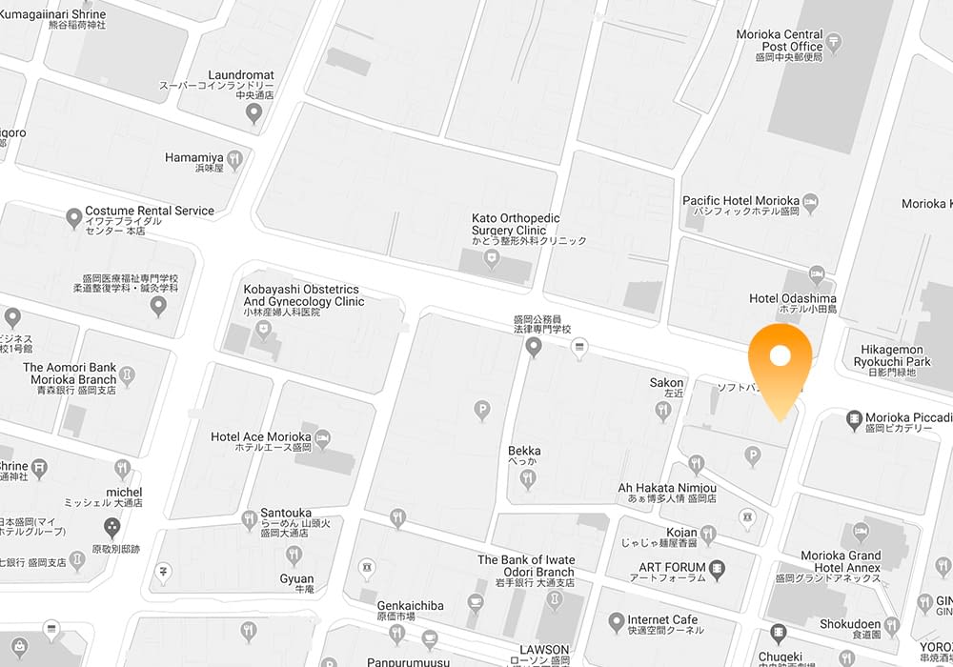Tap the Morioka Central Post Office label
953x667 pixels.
[x=780, y=41]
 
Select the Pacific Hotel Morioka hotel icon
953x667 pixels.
[x=810, y=201]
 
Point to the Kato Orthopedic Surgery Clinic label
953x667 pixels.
[x=516, y=224]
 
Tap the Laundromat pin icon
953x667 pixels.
[x=253, y=113]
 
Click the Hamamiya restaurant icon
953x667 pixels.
[x=234, y=160]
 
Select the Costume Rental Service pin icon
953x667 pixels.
[x=73, y=219]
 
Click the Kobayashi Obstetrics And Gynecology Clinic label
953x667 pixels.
[x=304, y=295]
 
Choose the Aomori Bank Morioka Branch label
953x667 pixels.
[x=70, y=373]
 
